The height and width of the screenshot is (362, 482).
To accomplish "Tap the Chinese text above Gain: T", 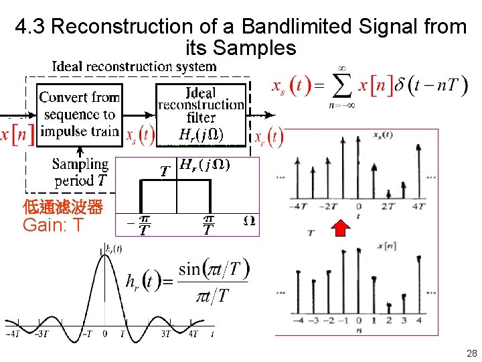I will pyautogui.click(x=62, y=207).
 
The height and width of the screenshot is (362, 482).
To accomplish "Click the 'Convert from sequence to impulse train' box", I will pyautogui.click(x=79, y=115).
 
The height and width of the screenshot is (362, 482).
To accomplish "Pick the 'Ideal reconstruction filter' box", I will pyautogui.click(x=200, y=114).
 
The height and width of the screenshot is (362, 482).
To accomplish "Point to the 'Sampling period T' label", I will pyautogui.click(x=80, y=172).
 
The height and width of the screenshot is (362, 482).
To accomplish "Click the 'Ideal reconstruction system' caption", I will pyautogui.click(x=134, y=66).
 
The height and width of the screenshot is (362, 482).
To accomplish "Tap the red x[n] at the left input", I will pyautogui.click(x=16, y=134).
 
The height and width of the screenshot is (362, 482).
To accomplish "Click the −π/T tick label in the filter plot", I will pyautogui.click(x=142, y=225).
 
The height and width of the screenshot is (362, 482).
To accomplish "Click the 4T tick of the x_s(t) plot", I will pyautogui.click(x=418, y=206).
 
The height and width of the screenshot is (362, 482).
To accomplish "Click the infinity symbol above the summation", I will pyautogui.click(x=342, y=68).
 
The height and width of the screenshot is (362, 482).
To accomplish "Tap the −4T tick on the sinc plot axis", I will pyautogui.click(x=12, y=334).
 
